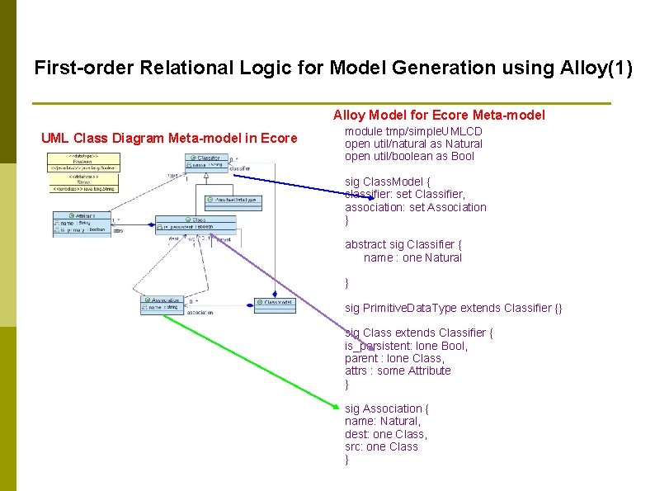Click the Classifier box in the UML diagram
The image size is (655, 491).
(x=206, y=162)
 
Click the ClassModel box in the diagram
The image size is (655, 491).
(x=275, y=303)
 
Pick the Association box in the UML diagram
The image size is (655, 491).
(x=161, y=305)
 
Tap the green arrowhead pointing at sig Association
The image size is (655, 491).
(x=336, y=406)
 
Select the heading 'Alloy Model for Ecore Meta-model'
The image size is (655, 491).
(x=439, y=116)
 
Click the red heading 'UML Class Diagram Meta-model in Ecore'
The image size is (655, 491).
(x=169, y=138)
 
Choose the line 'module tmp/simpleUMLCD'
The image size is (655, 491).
(x=413, y=131)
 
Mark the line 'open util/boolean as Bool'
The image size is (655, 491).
(x=409, y=156)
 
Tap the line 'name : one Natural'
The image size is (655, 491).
(x=412, y=257)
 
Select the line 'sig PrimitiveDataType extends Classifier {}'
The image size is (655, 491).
(x=453, y=308)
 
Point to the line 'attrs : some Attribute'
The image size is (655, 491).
(x=398, y=371)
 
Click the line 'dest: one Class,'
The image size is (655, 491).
(x=385, y=434)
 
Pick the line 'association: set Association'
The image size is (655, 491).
(x=416, y=207)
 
